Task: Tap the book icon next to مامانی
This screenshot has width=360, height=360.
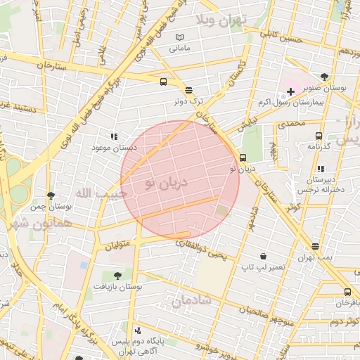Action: coord(180,37)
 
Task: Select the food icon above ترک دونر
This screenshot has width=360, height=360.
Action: coord(188,90)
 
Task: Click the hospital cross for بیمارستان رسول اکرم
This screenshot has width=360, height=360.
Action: coord(290,92)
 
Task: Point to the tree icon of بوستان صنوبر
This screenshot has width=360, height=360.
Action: coord(324,77)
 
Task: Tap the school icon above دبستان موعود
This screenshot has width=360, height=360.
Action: coord(113,136)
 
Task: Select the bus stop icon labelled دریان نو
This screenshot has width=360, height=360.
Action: coord(243,157)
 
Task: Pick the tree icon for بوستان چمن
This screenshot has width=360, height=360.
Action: coord(51,195)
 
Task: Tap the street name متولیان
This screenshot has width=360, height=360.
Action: coord(119,246)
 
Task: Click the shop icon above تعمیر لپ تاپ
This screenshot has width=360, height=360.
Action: coord(263,256)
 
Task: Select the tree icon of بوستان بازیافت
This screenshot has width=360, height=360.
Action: coord(117,276)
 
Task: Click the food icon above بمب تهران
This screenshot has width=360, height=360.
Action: coord(315,246)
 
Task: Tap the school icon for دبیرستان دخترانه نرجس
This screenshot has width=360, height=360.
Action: coord(321,169)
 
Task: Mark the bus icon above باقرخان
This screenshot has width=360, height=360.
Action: coord(347,292)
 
